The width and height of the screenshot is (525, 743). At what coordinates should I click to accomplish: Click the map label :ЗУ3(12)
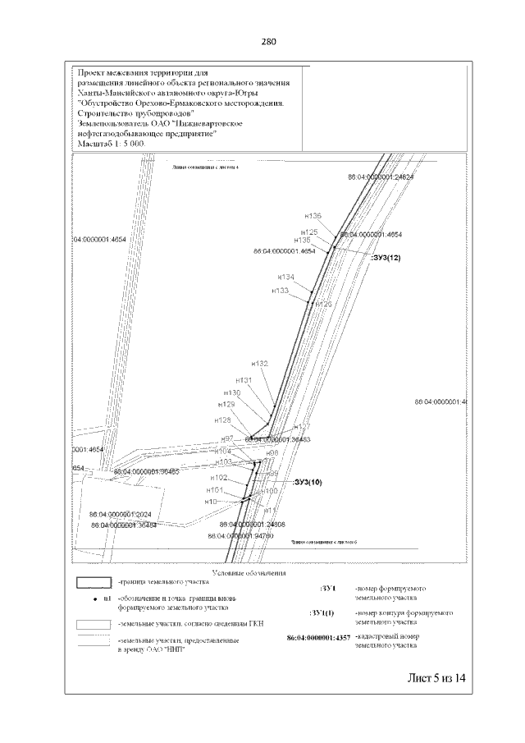click(385, 258)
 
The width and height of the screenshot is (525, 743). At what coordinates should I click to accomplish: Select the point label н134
click(286, 277)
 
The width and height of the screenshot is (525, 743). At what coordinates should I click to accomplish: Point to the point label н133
click(281, 291)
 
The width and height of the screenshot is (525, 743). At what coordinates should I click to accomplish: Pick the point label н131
click(244, 380)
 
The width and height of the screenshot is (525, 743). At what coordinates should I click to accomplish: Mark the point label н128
click(223, 420)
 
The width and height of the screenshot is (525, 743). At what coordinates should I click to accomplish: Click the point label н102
click(219, 477)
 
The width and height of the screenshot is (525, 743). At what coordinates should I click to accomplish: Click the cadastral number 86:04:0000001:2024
click(121, 515)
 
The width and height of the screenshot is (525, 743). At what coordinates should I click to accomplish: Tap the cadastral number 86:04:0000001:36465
click(147, 472)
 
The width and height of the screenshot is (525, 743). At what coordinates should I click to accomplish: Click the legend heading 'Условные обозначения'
click(249, 571)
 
